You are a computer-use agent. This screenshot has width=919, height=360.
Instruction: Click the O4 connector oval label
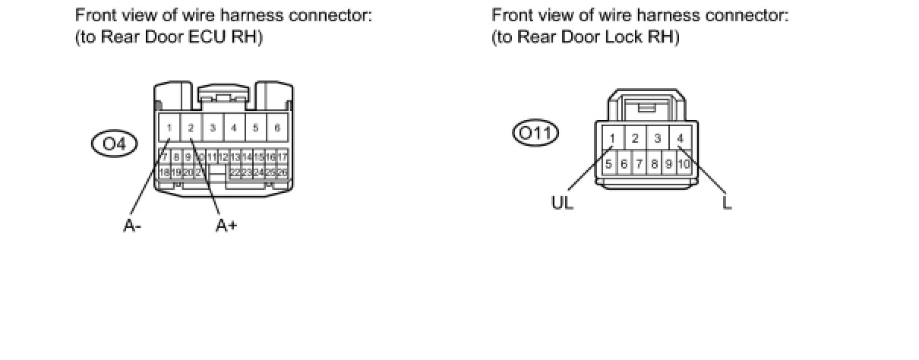tap(113, 144)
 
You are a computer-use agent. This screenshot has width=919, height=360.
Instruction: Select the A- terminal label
tap(132, 225)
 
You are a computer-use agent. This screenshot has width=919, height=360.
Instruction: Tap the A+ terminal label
tap(226, 225)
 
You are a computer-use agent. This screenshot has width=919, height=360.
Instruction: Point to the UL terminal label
tap(562, 203)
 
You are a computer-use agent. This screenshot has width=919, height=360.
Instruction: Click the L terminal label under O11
tap(727, 203)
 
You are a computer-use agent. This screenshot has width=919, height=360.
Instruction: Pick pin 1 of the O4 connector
tap(169, 128)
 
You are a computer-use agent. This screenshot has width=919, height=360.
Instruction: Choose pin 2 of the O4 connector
tap(191, 128)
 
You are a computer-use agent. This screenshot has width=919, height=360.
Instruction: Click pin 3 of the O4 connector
tap(213, 128)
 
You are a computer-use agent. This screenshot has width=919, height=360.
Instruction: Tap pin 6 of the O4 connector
tap(277, 128)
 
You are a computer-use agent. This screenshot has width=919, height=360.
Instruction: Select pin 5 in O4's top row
tap(256, 128)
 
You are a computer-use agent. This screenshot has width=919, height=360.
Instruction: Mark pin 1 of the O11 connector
tap(612, 138)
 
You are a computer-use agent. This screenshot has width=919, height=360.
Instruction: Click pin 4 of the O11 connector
tap(681, 138)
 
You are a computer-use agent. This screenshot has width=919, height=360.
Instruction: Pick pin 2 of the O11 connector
tap(635, 138)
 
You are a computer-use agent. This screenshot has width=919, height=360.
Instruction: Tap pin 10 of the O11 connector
tap(683, 163)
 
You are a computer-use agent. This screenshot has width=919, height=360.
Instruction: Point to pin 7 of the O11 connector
tap(639, 163)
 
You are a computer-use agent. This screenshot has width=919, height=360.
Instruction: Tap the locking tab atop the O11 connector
tap(647, 107)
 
